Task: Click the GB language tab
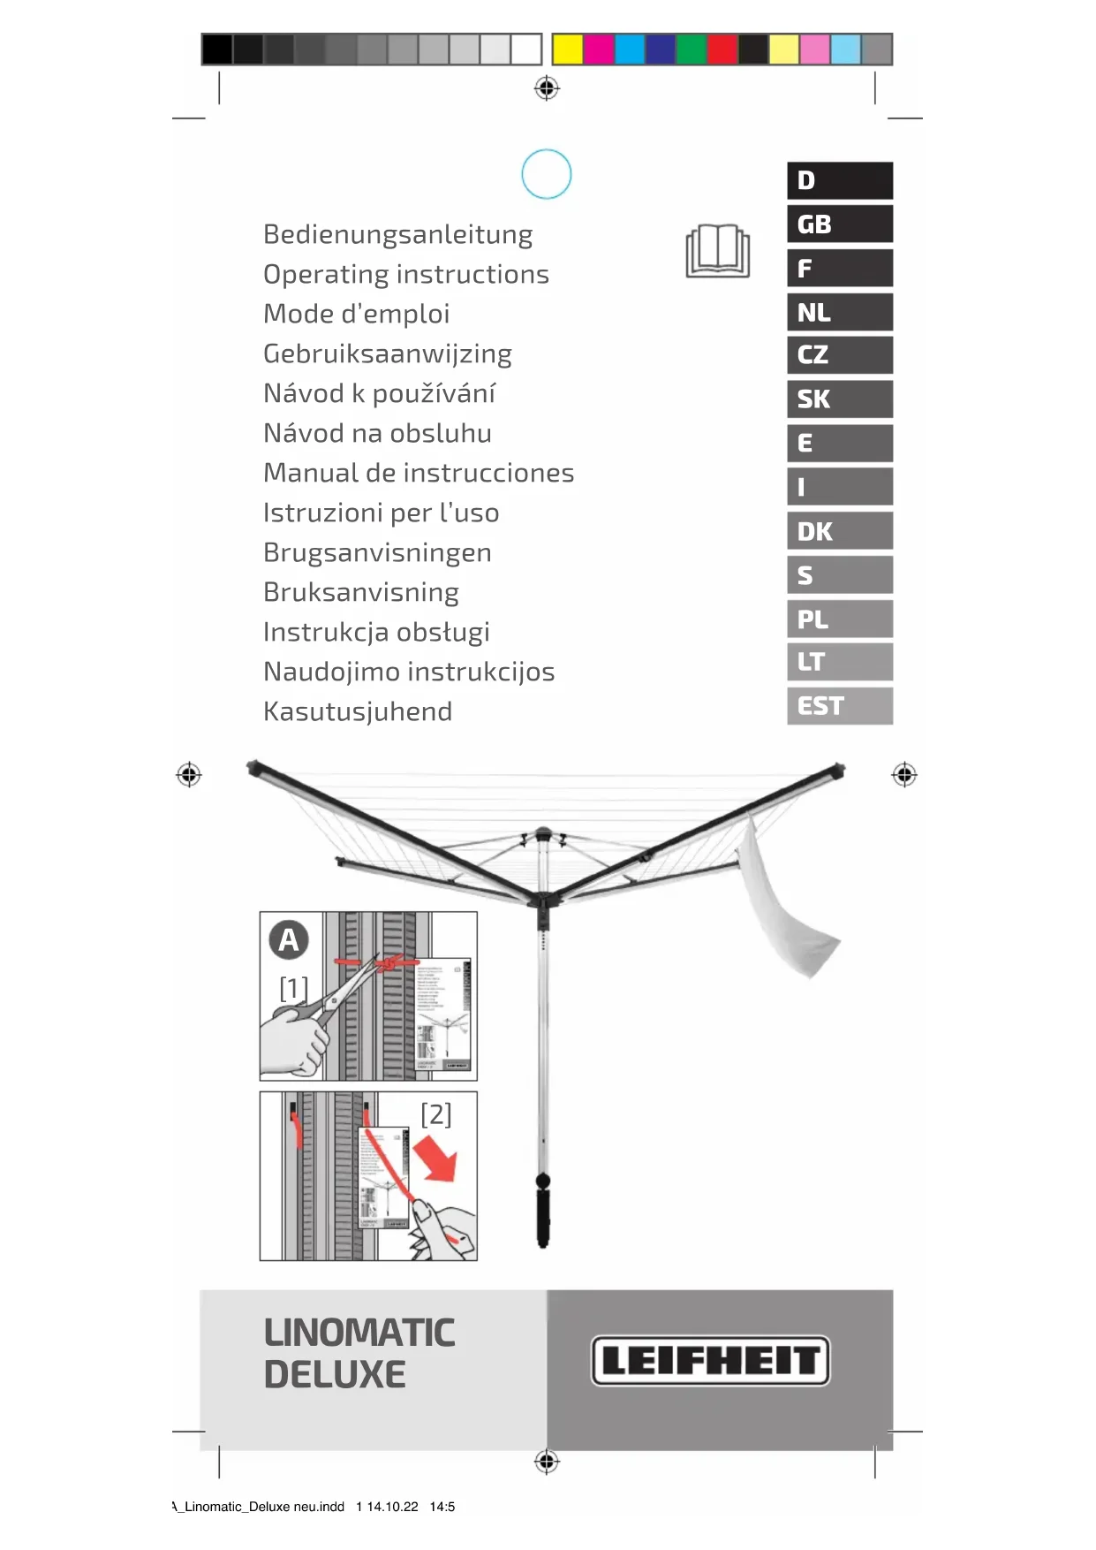(x=839, y=224)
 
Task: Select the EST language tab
(x=839, y=706)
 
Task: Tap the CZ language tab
(x=839, y=355)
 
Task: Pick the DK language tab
(x=839, y=531)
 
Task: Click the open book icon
(x=717, y=251)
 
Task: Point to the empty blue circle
(x=547, y=174)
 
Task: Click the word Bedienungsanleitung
(x=397, y=235)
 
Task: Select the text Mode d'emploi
(x=356, y=314)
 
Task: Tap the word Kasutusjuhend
(x=358, y=711)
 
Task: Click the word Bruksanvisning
(x=360, y=592)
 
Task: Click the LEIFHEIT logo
(x=710, y=1360)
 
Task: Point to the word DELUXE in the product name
(x=334, y=1375)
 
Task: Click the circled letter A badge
(x=289, y=940)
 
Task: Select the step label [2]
(x=435, y=1114)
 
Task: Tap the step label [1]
(x=293, y=987)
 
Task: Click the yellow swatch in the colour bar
(x=567, y=49)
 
